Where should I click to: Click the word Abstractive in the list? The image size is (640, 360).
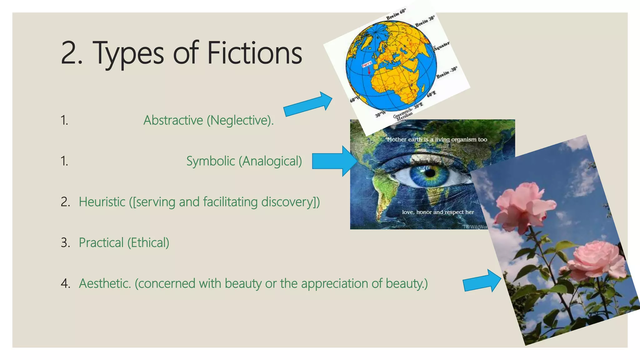click(x=173, y=120)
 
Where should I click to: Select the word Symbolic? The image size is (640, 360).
click(x=211, y=161)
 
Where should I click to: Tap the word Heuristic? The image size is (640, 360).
click(x=102, y=202)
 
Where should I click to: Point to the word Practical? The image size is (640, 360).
click(x=101, y=243)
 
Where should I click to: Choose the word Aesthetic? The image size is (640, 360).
click(x=105, y=283)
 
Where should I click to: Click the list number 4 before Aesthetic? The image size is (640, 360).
click(x=65, y=283)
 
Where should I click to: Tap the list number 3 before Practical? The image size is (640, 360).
click(x=65, y=243)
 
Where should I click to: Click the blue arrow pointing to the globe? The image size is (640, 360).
click(x=308, y=104)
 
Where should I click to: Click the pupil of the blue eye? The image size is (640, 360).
click(x=430, y=173)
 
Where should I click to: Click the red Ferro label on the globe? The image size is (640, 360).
click(x=367, y=64)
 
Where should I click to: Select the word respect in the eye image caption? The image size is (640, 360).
click(x=454, y=212)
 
